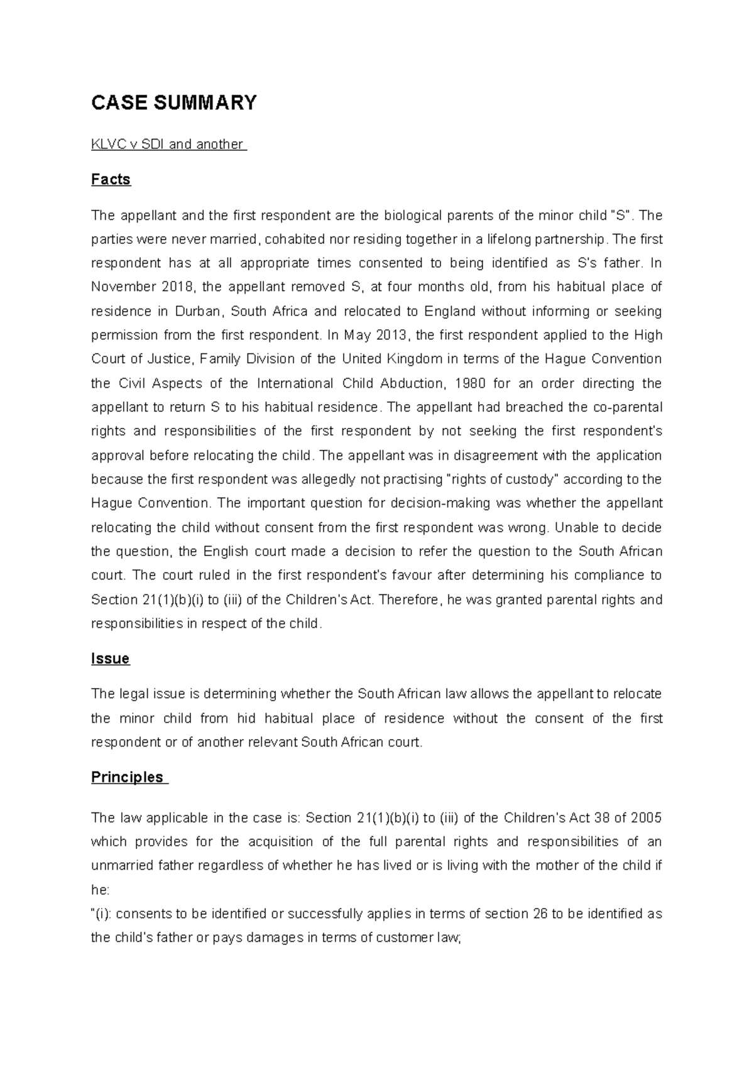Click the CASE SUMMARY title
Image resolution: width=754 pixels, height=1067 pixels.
tap(174, 102)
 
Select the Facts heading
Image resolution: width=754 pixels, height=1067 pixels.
tap(111, 180)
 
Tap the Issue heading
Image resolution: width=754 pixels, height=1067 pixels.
tap(110, 659)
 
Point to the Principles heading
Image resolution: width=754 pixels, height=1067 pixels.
tap(127, 777)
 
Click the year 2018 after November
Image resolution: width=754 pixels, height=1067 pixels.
tap(178, 287)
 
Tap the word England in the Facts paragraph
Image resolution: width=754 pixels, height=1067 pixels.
tap(450, 312)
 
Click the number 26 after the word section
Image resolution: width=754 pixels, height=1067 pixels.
tap(540, 914)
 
